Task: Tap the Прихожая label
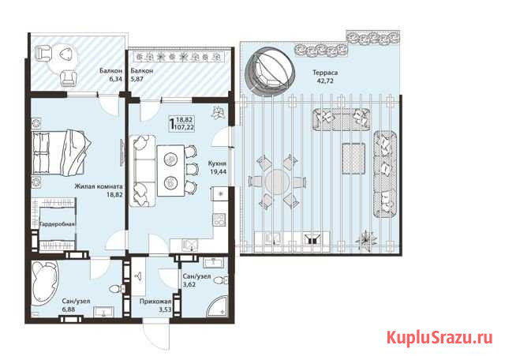pyautogui.click(x=155, y=301)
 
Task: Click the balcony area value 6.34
pyautogui.click(x=110, y=80)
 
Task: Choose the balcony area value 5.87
pyautogui.click(x=142, y=80)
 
